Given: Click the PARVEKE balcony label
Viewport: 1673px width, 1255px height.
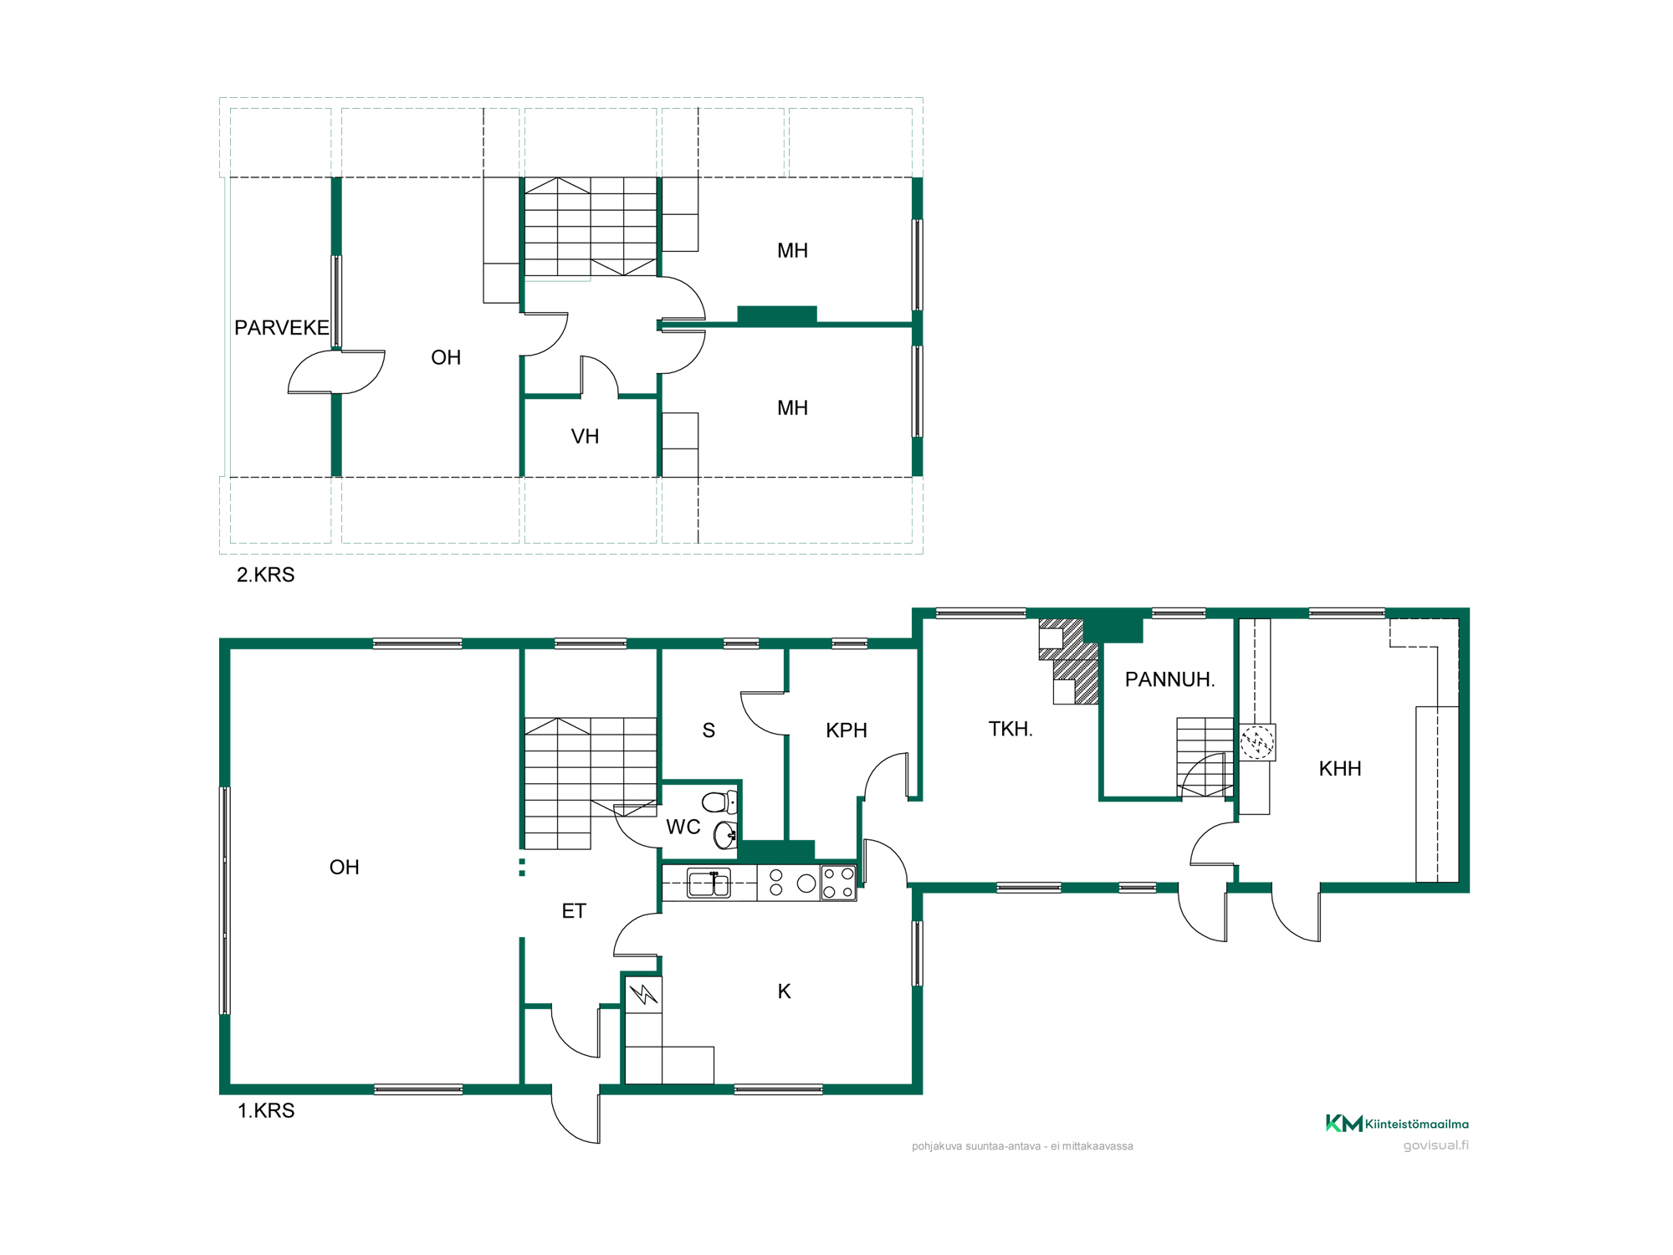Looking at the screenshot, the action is pyautogui.click(x=282, y=327).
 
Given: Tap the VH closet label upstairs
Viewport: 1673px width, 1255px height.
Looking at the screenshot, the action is pyautogui.click(x=585, y=436).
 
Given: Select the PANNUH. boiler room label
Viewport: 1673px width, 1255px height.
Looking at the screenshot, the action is pyautogui.click(x=1169, y=679).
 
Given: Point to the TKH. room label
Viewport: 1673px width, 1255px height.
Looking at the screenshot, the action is pyautogui.click(x=1010, y=729).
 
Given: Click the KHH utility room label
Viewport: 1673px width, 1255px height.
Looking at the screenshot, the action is pyautogui.click(x=1340, y=769).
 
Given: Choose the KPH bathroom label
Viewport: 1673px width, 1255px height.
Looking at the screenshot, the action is pyautogui.click(x=846, y=730).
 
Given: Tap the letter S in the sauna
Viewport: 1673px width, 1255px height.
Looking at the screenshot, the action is pyautogui.click(x=709, y=730).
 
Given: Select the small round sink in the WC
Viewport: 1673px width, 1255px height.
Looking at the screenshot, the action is pyautogui.click(x=725, y=834).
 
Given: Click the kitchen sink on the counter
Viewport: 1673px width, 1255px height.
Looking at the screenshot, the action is pyautogui.click(x=709, y=883).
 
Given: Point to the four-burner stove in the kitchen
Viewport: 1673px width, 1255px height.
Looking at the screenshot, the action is pyautogui.click(x=838, y=883).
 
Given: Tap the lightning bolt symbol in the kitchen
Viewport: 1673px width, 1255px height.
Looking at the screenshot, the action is pyautogui.click(x=643, y=995).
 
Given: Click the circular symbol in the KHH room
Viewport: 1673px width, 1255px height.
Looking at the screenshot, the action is pyautogui.click(x=1256, y=742).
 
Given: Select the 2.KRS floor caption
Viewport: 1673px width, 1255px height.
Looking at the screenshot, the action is pyautogui.click(x=266, y=575).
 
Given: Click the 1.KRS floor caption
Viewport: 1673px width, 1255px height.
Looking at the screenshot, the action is pyautogui.click(x=266, y=1110).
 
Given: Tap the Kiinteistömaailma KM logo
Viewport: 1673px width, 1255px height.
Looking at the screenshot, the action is pyautogui.click(x=1397, y=1123).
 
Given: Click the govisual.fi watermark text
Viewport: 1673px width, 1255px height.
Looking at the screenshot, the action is pyautogui.click(x=1435, y=1145).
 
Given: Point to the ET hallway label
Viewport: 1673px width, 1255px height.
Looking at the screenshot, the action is pyautogui.click(x=574, y=911).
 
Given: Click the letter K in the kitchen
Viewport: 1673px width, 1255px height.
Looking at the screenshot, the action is pyautogui.click(x=784, y=991).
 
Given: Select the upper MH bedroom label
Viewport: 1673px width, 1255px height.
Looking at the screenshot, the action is pyautogui.click(x=792, y=250).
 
